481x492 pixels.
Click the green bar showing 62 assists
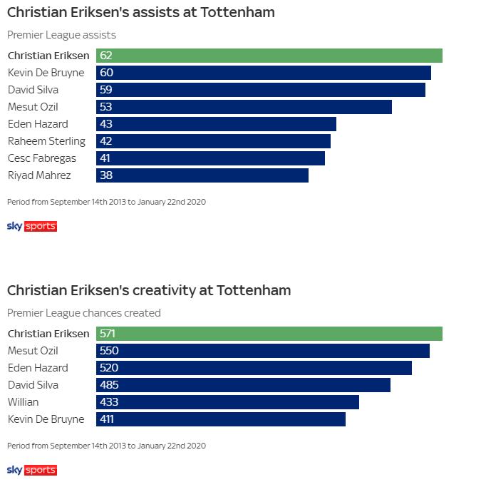tap(269, 56)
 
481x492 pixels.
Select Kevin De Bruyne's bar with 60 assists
tap(264, 73)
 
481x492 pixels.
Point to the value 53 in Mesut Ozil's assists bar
tap(106, 107)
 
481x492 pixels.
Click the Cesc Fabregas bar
tap(210, 158)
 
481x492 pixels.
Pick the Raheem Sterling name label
tap(46, 141)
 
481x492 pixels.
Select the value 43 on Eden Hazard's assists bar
tap(106, 124)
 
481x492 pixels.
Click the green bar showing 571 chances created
tap(269, 334)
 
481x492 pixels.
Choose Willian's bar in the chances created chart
tap(227, 402)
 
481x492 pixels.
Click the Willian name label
tap(23, 402)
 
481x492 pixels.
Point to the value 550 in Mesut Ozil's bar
tap(109, 351)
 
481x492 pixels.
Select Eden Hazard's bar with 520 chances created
tap(254, 368)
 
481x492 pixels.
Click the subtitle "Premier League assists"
tap(61, 35)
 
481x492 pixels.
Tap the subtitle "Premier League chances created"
tap(84, 313)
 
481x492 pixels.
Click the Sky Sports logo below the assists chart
tap(31, 226)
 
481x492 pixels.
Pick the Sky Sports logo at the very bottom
tap(31, 470)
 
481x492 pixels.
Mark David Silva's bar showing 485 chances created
tap(243, 385)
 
